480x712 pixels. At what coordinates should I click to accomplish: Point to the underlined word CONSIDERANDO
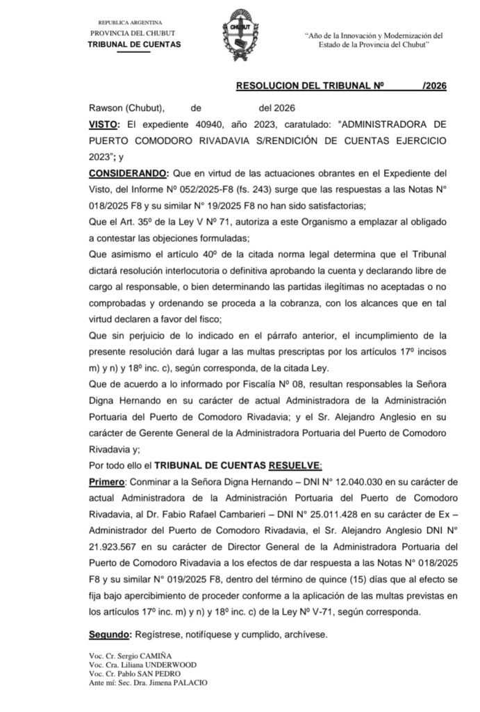point(128,172)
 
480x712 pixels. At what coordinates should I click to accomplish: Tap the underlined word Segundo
point(110,636)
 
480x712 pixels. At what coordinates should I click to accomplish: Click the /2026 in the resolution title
point(433,87)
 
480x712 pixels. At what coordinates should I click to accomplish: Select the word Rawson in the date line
point(104,108)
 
